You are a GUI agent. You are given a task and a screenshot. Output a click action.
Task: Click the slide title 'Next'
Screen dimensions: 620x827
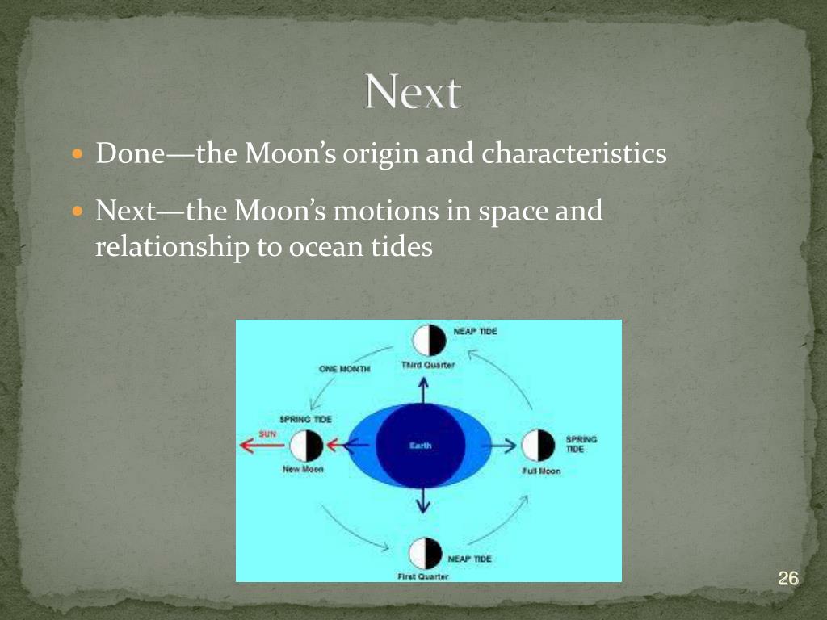[x=413, y=93]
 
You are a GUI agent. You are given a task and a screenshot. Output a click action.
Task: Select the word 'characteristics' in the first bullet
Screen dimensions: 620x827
[x=574, y=153]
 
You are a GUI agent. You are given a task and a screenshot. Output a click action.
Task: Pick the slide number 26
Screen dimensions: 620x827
[x=787, y=578]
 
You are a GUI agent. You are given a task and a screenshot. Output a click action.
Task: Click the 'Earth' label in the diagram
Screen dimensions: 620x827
[x=420, y=446]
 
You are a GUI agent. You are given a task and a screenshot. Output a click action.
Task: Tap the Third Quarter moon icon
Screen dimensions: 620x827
[x=428, y=341]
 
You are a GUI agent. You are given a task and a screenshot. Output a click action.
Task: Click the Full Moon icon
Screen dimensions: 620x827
[x=539, y=446]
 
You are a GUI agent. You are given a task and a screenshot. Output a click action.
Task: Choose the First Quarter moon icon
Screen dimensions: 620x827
[x=425, y=553]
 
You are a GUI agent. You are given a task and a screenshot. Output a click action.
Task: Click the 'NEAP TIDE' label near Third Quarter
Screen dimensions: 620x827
[x=481, y=332]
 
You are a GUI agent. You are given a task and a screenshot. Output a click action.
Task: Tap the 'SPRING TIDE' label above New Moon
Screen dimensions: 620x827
[x=305, y=420]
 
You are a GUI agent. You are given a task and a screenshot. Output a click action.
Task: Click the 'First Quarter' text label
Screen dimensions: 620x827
[x=423, y=576]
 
